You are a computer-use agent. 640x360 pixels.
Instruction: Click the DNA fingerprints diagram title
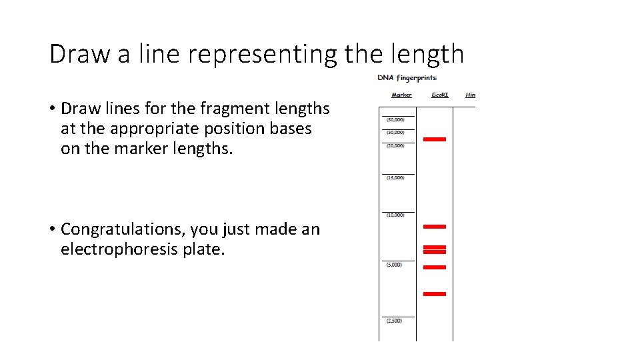click(407, 78)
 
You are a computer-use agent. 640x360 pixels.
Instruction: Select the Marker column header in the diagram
click(401, 95)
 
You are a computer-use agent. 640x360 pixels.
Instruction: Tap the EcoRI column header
click(440, 95)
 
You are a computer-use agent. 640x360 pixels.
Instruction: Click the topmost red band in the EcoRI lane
click(435, 139)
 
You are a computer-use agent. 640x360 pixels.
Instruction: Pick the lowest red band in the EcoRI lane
click(435, 293)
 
